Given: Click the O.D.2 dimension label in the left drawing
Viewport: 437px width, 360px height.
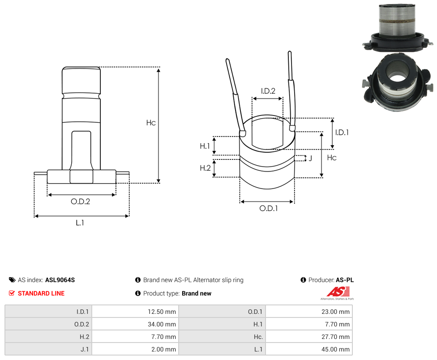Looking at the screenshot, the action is point(80,201).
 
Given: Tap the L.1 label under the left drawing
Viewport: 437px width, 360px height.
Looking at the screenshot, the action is point(80,223).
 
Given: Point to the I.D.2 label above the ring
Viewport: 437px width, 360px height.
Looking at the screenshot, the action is point(268,91).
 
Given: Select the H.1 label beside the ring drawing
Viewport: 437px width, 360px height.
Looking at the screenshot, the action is point(205,146).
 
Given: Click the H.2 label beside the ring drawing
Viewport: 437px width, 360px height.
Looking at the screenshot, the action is point(205,168).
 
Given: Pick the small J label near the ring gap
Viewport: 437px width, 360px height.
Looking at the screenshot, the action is point(310,158).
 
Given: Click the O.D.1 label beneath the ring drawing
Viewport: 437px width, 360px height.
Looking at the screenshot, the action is point(268,208).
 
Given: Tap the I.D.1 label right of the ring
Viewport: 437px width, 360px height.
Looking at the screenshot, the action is point(342,133).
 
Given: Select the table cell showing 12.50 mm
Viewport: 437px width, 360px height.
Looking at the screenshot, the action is point(135,312).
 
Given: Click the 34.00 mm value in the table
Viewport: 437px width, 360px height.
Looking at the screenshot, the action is point(135,324).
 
